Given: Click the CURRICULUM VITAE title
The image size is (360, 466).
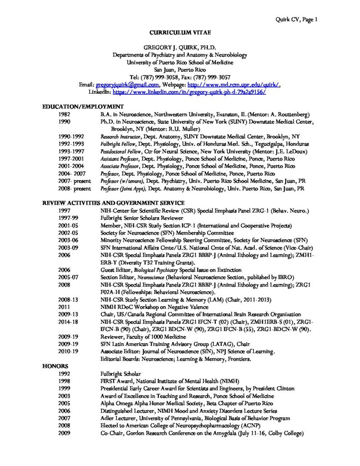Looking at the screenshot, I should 180,33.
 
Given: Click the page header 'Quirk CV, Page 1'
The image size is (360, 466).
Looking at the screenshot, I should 296,19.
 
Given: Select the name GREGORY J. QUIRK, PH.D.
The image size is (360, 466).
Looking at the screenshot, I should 180,47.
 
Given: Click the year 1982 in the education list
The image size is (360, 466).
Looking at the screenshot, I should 64,114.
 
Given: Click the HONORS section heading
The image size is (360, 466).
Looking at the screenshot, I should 55,365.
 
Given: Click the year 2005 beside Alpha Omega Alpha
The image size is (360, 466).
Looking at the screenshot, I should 64,403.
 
